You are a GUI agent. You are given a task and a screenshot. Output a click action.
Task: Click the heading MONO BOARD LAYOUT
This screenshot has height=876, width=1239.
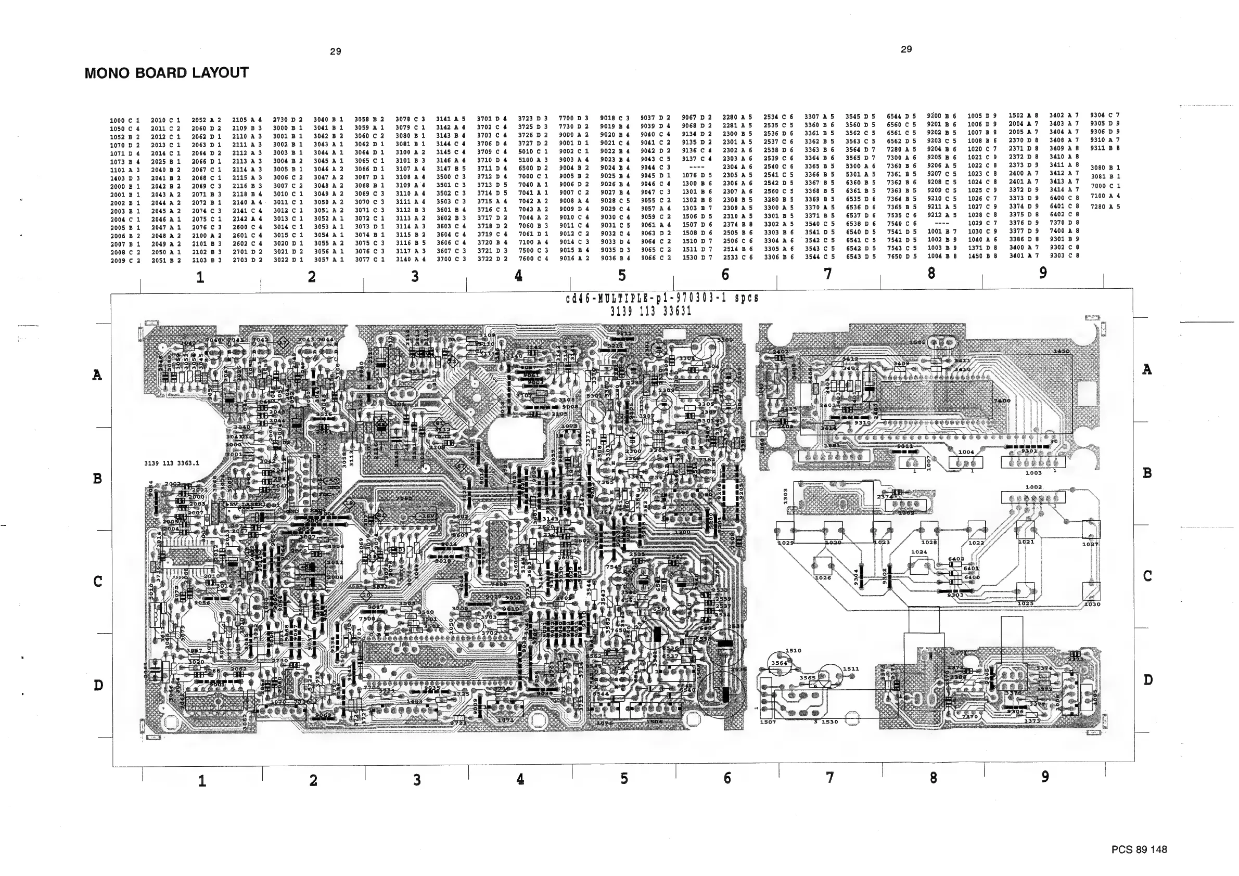(x=166, y=73)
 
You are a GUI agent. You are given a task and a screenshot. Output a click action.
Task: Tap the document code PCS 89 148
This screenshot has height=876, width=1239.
(x=1139, y=849)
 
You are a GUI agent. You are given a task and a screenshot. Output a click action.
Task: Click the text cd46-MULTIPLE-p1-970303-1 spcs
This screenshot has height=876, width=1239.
(x=662, y=298)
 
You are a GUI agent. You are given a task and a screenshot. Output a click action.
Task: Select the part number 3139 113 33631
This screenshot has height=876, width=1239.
(x=650, y=311)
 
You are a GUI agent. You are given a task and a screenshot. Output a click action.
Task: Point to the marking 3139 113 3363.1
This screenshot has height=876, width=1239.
(x=172, y=463)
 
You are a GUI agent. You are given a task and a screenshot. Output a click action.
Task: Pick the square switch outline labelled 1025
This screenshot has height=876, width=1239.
(x=1025, y=591)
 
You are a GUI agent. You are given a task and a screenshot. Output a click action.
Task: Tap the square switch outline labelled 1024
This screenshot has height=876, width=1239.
(x=918, y=566)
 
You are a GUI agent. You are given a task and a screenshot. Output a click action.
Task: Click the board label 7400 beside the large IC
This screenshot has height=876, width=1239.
(x=1002, y=401)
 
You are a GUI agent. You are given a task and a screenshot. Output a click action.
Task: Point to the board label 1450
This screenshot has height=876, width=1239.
(x=1061, y=351)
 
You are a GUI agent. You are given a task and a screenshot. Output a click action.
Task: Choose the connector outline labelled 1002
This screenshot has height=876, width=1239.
(x=1032, y=497)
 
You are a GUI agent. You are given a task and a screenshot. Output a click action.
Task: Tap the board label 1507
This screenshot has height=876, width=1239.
(x=768, y=722)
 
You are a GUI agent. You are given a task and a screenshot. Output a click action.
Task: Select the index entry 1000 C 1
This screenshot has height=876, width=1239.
(x=124, y=120)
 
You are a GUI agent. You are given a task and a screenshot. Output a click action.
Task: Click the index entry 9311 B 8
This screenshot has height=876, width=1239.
(x=1105, y=148)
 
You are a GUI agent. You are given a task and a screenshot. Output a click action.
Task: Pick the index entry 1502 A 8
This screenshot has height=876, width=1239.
(x=1023, y=115)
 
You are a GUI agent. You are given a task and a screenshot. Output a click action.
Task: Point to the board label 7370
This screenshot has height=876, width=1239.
(x=970, y=716)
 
